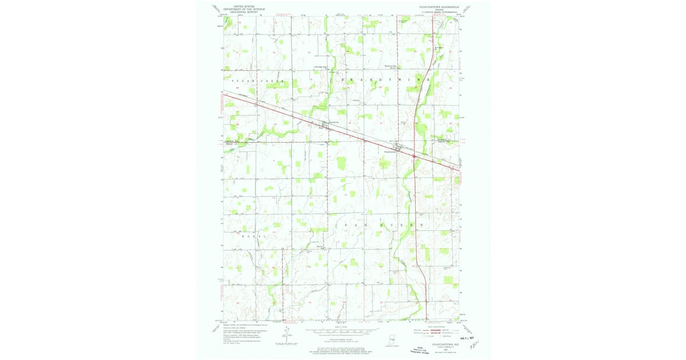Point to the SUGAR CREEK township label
click(x=257, y=82)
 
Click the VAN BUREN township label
click(x=377, y=226)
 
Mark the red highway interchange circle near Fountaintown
click(x=414, y=155)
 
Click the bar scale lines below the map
click(x=343, y=330)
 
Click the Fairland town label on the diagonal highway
click(x=321, y=128)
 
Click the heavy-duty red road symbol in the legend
click(x=437, y=330)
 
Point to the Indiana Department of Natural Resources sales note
click(x=343, y=350)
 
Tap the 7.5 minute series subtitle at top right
click(x=440, y=11)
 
